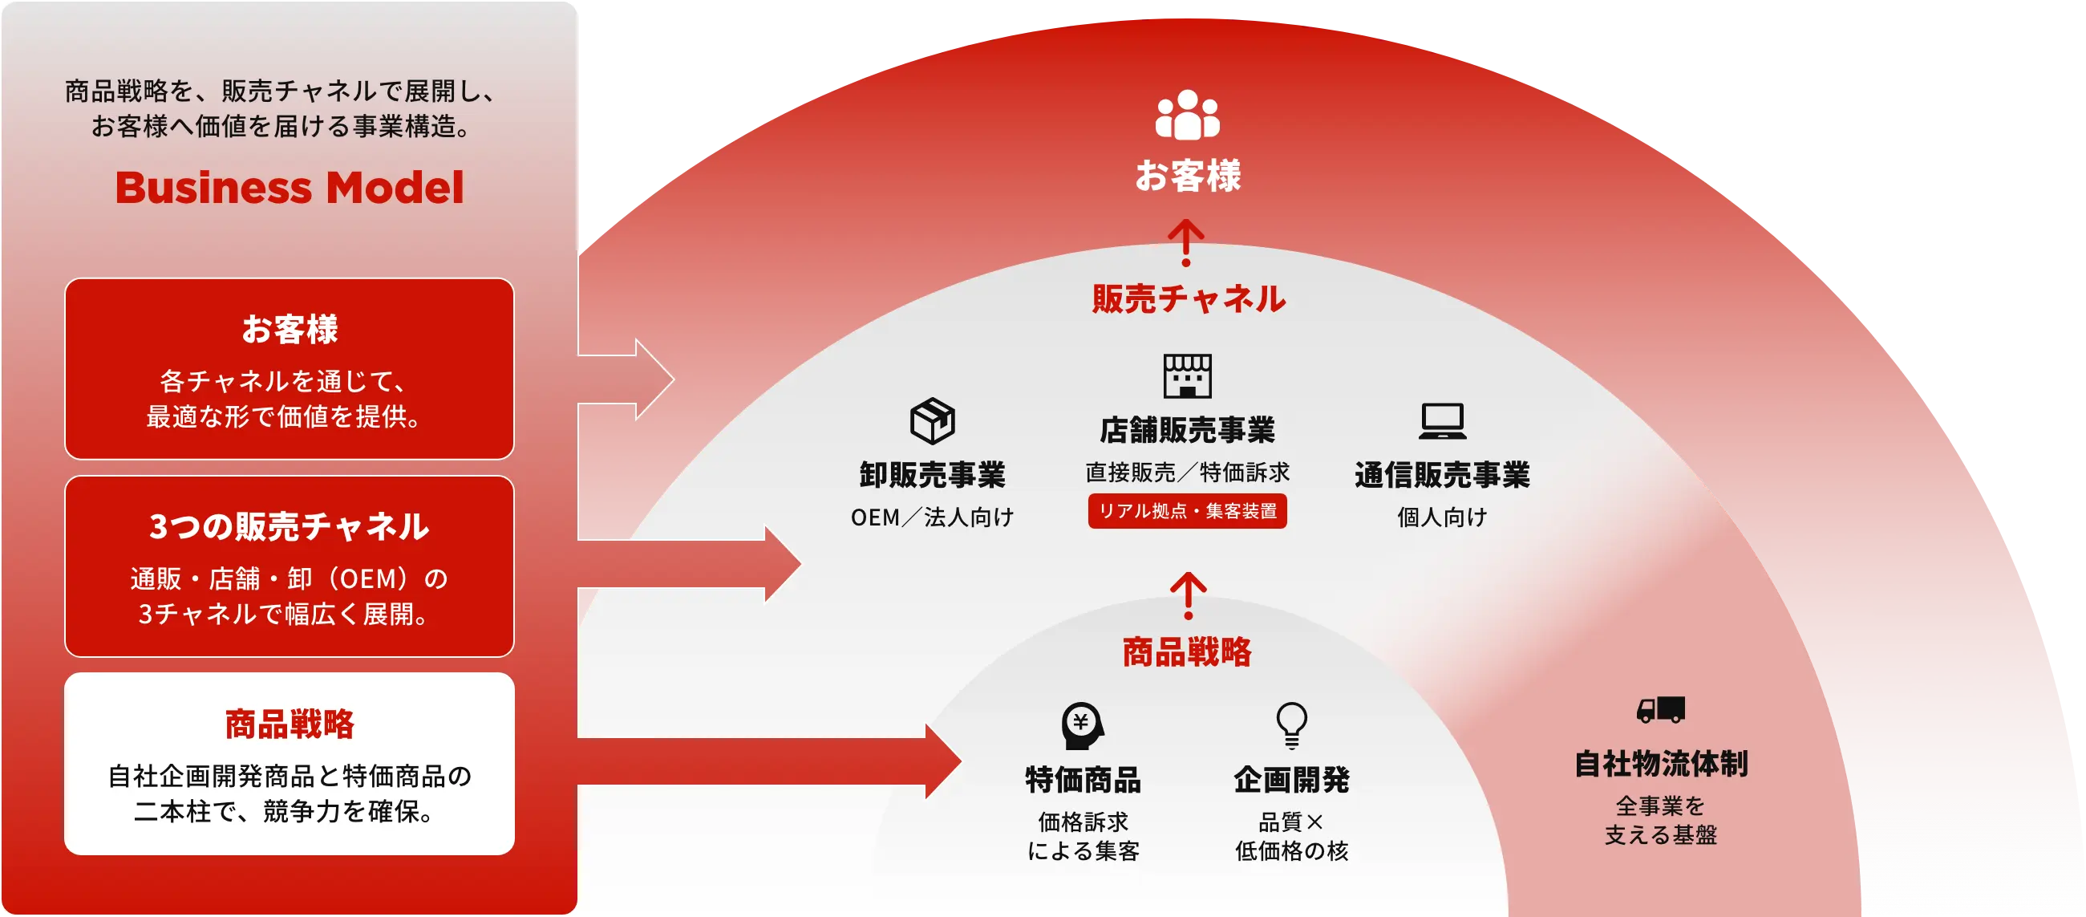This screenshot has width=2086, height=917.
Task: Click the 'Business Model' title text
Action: [289, 188]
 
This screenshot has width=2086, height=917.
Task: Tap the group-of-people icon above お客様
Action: [1187, 114]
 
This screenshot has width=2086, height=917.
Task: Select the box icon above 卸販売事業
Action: [932, 420]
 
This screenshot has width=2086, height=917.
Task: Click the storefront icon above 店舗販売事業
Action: [1187, 376]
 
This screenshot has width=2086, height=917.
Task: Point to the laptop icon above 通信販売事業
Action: [1442, 421]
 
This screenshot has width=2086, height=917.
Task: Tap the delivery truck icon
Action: [1660, 710]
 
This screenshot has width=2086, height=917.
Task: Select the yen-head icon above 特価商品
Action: [1083, 725]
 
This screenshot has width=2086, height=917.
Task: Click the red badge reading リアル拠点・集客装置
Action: [1187, 511]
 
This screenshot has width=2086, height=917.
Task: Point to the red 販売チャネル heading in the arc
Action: [1188, 299]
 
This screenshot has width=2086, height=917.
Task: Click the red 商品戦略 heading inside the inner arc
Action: [1187, 652]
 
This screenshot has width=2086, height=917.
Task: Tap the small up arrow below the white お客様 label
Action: [1186, 242]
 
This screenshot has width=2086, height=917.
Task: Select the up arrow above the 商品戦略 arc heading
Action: [1188, 595]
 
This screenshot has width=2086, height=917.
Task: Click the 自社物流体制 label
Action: [1661, 764]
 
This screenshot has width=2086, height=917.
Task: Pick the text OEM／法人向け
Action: [932, 517]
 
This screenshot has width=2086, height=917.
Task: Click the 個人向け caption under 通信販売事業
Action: [1442, 517]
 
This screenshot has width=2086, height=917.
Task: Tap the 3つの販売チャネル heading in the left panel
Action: [289, 526]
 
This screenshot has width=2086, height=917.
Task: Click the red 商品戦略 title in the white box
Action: [289, 724]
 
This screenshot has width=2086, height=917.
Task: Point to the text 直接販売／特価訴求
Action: [1187, 472]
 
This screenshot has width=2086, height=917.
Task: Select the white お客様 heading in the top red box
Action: [289, 329]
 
